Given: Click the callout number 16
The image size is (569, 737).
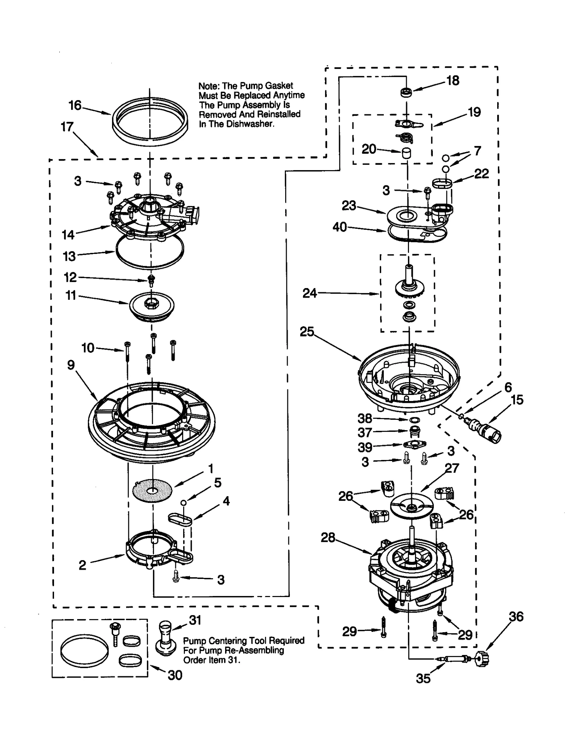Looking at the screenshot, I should tap(75, 105).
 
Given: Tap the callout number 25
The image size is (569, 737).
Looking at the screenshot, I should tap(307, 332).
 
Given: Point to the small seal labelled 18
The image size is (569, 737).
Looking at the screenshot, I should tap(406, 93).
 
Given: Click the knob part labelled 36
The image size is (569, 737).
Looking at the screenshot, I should tap(483, 660).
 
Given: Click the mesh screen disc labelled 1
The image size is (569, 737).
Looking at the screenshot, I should tap(152, 491).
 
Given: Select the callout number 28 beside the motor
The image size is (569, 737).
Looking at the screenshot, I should tap(328, 538).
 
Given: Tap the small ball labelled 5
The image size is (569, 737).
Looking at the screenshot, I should tap(183, 502).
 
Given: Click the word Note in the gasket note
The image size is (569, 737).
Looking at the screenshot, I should tap(209, 86).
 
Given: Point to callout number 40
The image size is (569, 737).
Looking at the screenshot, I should tap(340, 227).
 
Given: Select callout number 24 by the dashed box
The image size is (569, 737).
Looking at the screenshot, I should tap(309, 293).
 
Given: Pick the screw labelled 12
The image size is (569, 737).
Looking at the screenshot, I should tap(151, 280).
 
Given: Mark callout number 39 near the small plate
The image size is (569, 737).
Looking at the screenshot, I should tap(365, 447).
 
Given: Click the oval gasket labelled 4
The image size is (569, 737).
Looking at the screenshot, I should tap(180, 520).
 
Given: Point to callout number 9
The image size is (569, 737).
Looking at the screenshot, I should tap(71, 365).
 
